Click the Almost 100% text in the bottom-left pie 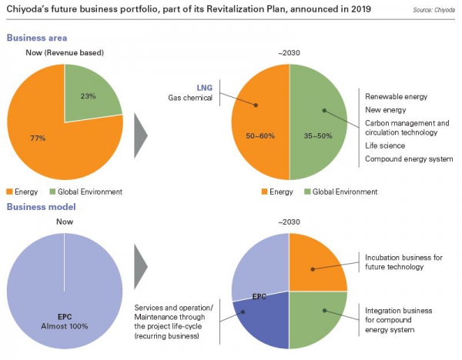(64, 325)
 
